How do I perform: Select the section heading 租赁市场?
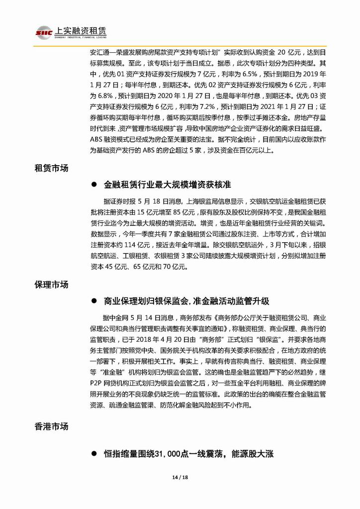[51, 168]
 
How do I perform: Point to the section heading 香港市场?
[51, 426]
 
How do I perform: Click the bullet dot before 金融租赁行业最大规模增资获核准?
[93, 185]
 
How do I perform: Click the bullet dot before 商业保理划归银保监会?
[93, 302]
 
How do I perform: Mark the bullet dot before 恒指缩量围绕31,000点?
[93, 454]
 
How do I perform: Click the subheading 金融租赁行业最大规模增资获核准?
[168, 185]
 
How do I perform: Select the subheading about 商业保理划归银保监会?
[186, 302]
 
